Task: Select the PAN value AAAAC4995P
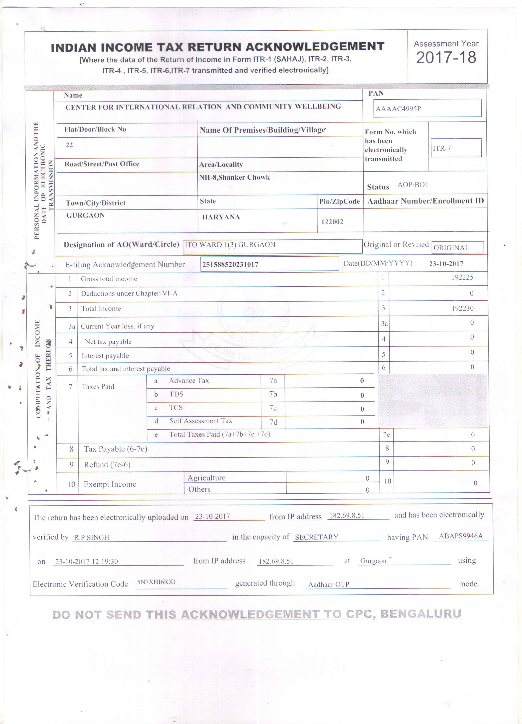point(398,109)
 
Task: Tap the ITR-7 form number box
point(456,148)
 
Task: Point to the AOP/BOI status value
point(412,185)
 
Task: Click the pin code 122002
point(332,222)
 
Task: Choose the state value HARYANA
point(221,217)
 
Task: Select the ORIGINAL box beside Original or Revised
point(457,247)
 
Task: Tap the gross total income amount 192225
point(462,277)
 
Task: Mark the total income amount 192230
point(462,308)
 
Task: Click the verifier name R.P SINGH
point(91,537)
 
